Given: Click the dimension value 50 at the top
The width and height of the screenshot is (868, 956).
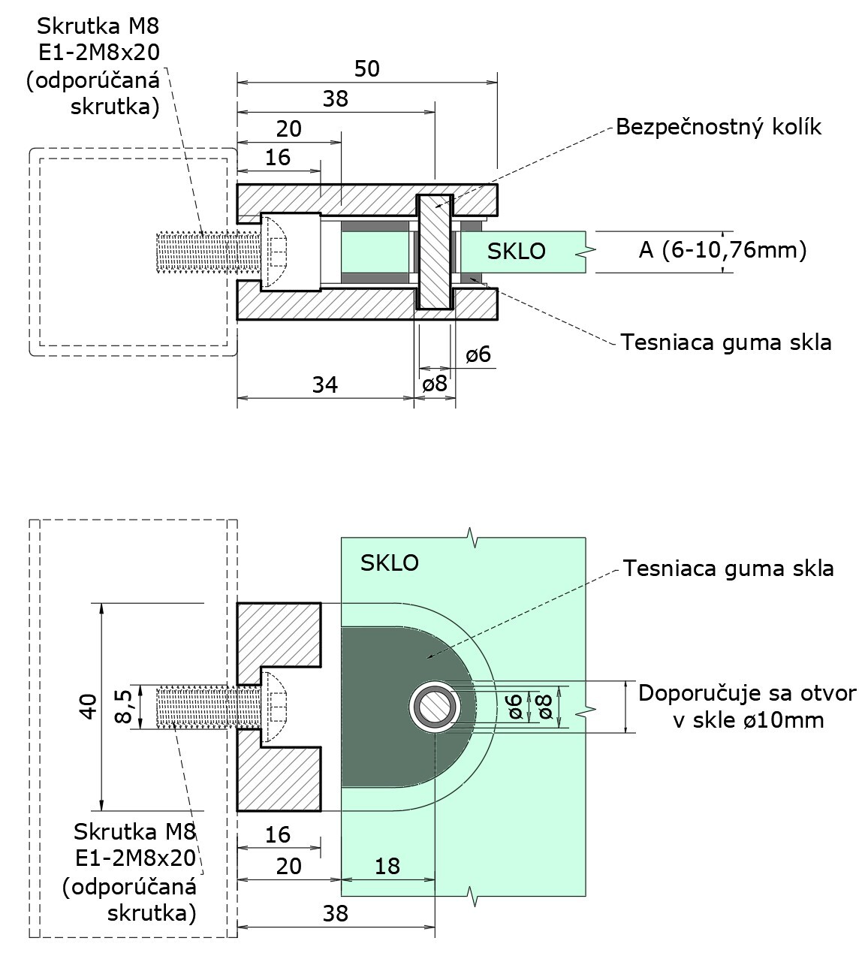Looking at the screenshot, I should point(366,69).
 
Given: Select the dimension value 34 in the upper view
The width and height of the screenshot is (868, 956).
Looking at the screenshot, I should point(324,385).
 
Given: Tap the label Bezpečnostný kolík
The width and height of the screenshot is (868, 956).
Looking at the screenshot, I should point(719,127).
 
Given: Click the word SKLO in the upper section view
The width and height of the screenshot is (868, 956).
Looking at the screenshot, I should point(517,251).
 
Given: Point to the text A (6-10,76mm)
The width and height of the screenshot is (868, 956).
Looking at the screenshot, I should point(722,249).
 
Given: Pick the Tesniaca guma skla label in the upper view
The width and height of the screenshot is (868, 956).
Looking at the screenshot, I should point(726,342).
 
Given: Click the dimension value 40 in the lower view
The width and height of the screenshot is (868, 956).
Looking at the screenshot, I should point(88,707).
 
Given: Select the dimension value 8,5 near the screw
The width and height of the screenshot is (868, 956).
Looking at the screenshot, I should point(124,707).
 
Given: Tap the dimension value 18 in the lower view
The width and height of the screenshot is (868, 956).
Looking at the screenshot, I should point(387,866).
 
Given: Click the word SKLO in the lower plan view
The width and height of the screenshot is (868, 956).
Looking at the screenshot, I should point(389,562).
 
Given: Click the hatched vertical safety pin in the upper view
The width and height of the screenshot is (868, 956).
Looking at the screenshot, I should point(435,252).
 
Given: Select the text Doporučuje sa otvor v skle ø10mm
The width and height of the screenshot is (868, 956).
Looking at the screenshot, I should point(746,706).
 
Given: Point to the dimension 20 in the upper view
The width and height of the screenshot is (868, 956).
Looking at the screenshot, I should point(288,129).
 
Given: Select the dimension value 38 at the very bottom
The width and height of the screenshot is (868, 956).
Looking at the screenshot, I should point(336,913).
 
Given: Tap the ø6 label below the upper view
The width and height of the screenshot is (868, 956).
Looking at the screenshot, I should point(478,354).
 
